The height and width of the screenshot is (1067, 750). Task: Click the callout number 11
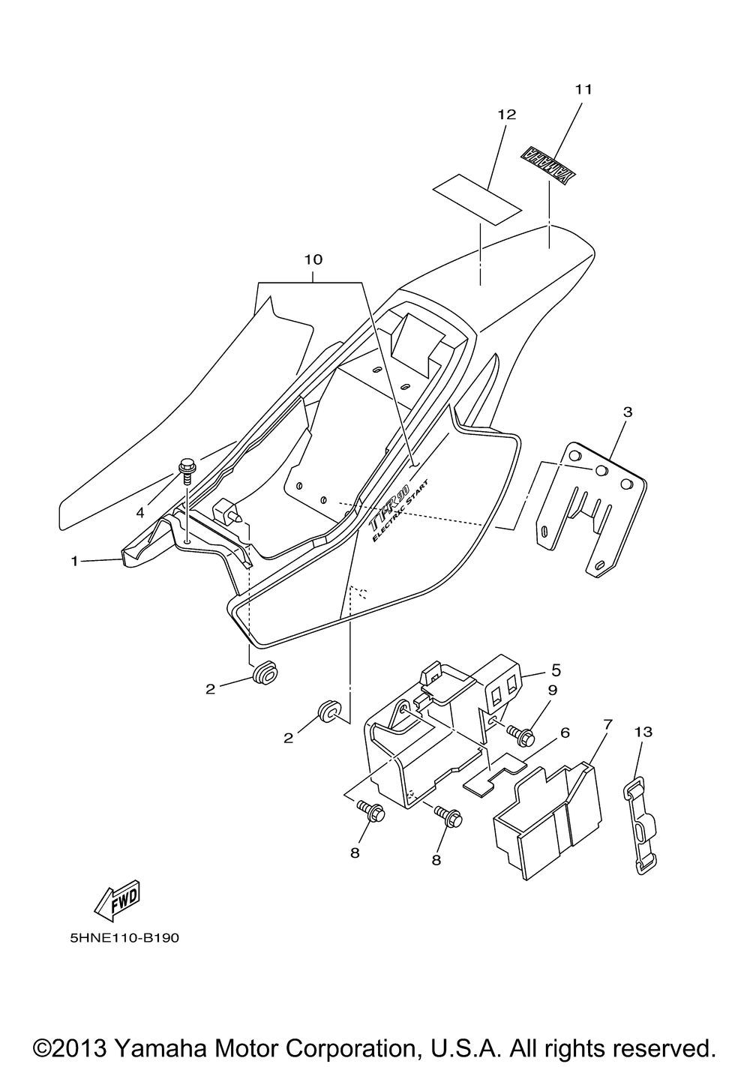pyautogui.click(x=583, y=89)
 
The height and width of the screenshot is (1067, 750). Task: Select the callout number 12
pyautogui.click(x=506, y=115)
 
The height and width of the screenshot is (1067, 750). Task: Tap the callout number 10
pyautogui.click(x=313, y=259)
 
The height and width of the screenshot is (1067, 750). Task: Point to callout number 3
pyautogui.click(x=627, y=412)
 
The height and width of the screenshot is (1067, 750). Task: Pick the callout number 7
pyautogui.click(x=607, y=724)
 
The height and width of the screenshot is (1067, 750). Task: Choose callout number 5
pyautogui.click(x=556, y=669)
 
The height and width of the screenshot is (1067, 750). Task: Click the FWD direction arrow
pyautogui.click(x=117, y=904)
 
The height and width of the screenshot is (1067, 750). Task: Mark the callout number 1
pyautogui.click(x=74, y=560)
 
